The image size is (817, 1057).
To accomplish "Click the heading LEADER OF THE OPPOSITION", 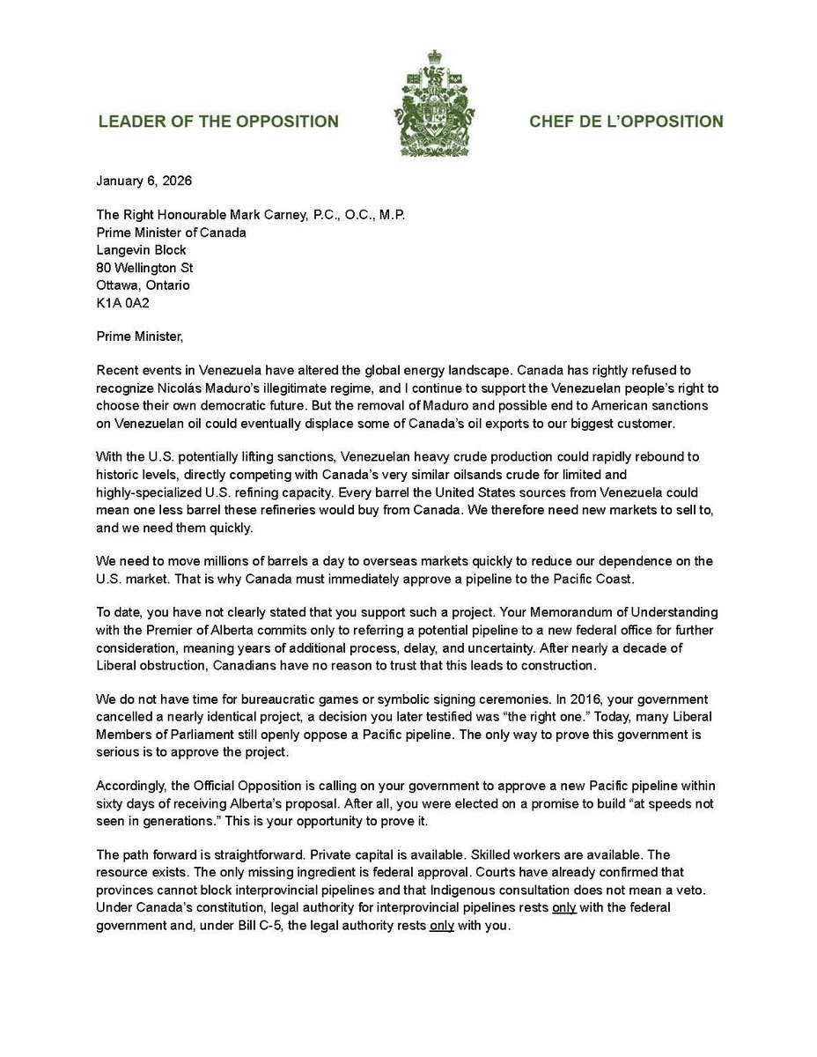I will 217,122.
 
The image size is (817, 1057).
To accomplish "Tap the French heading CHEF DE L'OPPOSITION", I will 626,122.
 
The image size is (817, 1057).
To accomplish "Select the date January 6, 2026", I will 144,182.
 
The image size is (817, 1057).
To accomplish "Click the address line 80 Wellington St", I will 144,268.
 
